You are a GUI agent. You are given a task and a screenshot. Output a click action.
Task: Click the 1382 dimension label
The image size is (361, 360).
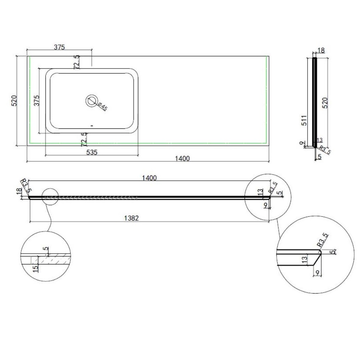[131, 218]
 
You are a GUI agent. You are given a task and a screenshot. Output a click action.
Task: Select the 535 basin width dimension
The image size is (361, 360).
[92, 152]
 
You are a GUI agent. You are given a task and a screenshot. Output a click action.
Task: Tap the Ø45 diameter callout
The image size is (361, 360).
[102, 106]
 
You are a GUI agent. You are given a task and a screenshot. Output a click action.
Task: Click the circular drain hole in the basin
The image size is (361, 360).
[92, 101]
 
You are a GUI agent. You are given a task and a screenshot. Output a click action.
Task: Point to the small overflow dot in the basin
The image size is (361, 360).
[92, 126]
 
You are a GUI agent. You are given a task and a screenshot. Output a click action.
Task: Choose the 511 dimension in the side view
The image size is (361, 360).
[304, 120]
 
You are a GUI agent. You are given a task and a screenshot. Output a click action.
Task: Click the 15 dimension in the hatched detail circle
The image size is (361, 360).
[35, 269]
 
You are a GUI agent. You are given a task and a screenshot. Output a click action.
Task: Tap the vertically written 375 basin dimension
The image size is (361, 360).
[36, 101]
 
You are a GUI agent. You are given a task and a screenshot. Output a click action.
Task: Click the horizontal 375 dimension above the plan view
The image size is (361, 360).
[60, 47]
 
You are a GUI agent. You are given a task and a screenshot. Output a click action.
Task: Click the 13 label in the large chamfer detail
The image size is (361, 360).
[304, 260]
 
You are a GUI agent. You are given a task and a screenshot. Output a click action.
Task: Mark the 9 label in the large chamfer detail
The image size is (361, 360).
[317, 273]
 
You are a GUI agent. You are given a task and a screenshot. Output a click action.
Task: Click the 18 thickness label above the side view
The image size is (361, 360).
[321, 50]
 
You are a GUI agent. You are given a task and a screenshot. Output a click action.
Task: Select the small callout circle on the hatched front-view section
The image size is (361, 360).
[50, 197]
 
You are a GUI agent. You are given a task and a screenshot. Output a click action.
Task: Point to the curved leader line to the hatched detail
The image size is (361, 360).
[49, 218]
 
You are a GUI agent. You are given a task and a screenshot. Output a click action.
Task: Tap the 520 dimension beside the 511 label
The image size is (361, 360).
[325, 103]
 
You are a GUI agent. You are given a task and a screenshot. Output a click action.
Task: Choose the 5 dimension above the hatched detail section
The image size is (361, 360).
[46, 249]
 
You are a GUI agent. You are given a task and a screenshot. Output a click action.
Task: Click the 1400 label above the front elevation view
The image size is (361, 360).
[149, 178]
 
